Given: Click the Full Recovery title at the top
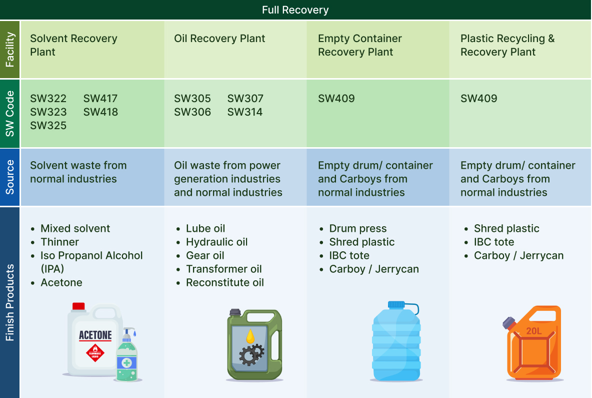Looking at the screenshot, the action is [x=295, y=10].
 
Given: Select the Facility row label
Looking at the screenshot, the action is [x=10, y=50].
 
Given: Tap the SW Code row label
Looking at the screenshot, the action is [x=10, y=113].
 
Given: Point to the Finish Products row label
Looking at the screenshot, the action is [x=10, y=302].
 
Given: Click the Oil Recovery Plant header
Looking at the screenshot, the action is [x=219, y=39].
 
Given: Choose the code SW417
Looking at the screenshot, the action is [x=100, y=99].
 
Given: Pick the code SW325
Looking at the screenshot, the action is [x=48, y=126].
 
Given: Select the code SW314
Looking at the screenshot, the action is [x=244, y=112].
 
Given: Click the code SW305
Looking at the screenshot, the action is [x=192, y=99].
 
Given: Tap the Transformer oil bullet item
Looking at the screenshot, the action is [x=224, y=269].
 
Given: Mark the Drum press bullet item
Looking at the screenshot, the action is [x=358, y=229].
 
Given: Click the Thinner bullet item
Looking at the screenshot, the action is [x=59, y=242].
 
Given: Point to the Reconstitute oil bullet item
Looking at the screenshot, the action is [x=225, y=283].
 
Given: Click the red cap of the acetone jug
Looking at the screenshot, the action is [x=78, y=306].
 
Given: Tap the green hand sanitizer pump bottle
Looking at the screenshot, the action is [x=127, y=357].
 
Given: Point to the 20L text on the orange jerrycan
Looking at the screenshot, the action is [x=534, y=331].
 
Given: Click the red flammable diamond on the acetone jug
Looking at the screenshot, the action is [x=95, y=352].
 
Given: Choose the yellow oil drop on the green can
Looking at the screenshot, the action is [x=250, y=336].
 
